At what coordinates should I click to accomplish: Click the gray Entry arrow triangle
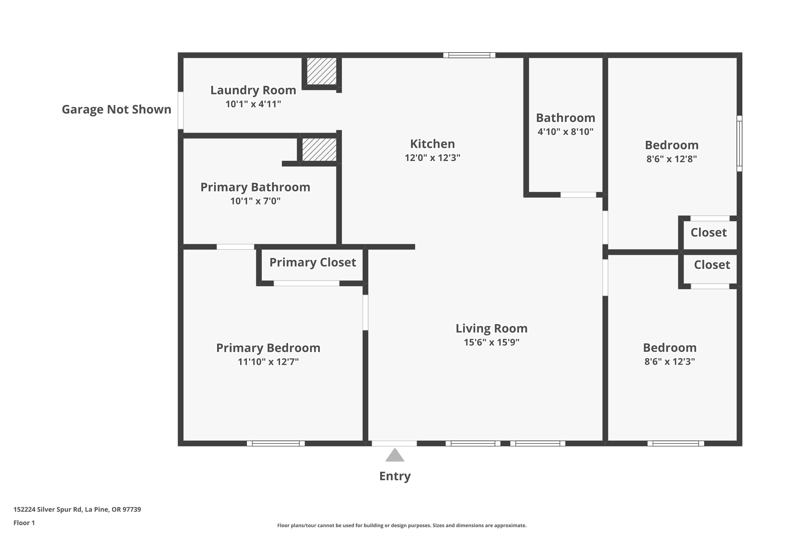tap(395, 456)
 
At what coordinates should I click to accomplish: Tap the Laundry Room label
tap(253, 90)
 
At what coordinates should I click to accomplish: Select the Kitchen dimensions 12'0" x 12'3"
tap(433, 158)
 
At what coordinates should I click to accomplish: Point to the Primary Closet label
tap(312, 263)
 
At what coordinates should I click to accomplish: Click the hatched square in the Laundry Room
tap(321, 71)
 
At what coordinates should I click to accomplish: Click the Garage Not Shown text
tap(116, 109)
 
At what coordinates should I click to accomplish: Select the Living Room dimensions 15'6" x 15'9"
tap(491, 343)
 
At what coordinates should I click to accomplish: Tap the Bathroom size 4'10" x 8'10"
tap(565, 132)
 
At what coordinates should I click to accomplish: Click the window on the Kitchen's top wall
tap(469, 55)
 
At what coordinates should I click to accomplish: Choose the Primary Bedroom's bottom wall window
tap(276, 443)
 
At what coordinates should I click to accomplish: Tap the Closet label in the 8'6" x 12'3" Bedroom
tap(712, 265)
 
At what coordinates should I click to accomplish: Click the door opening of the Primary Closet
tap(306, 283)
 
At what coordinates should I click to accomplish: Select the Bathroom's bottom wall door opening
tap(578, 195)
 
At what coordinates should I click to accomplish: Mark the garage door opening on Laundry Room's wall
tap(180, 110)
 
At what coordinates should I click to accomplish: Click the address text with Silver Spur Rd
tap(77, 509)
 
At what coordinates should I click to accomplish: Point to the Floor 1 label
tap(24, 523)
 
